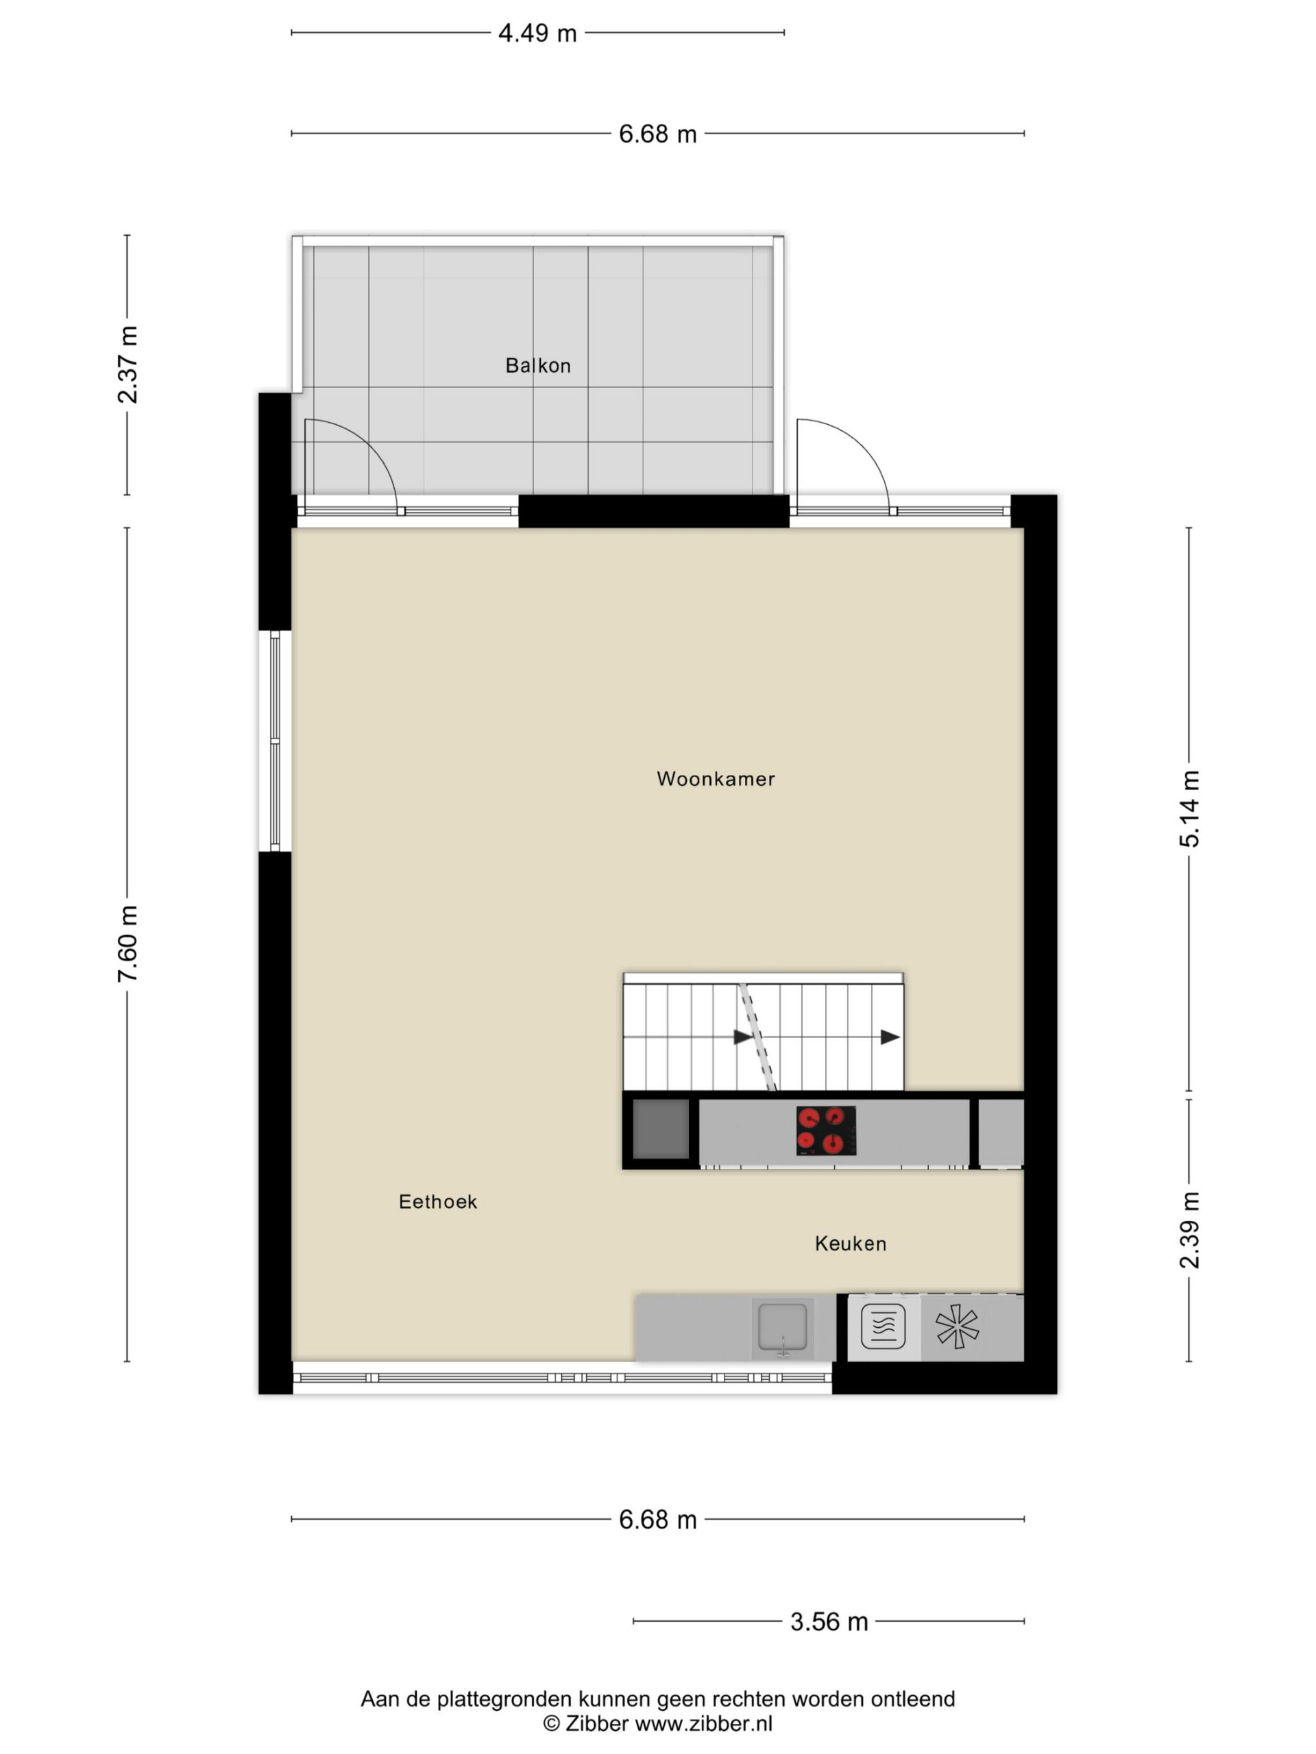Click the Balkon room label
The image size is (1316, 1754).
[538, 366]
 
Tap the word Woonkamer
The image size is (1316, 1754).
[716, 778]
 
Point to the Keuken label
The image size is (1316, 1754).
[851, 1244]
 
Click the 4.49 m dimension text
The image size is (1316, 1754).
[537, 34]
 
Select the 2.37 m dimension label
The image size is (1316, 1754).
[127, 364]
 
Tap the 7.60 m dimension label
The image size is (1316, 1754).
[127, 943]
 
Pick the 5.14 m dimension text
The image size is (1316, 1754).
[1189, 808]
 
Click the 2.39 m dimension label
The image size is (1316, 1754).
[1189, 1230]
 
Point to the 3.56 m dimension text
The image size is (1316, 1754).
[829, 1622]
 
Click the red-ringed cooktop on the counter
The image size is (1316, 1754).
[826, 1130]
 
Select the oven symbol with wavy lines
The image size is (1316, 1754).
[883, 1326]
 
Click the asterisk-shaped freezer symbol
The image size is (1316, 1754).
[957, 1326]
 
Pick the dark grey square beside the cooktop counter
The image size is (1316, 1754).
[660, 1129]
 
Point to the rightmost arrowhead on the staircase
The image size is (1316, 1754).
[890, 1037]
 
